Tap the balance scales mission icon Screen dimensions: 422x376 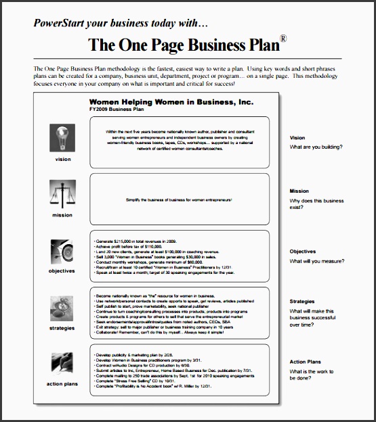(x=62, y=195)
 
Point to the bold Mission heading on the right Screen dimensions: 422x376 (x=300, y=191)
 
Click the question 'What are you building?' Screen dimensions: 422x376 (x=316, y=147)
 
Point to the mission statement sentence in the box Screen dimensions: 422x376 (x=179, y=200)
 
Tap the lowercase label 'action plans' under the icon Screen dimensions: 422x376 (x=62, y=384)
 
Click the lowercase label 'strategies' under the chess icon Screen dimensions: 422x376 (x=62, y=328)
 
